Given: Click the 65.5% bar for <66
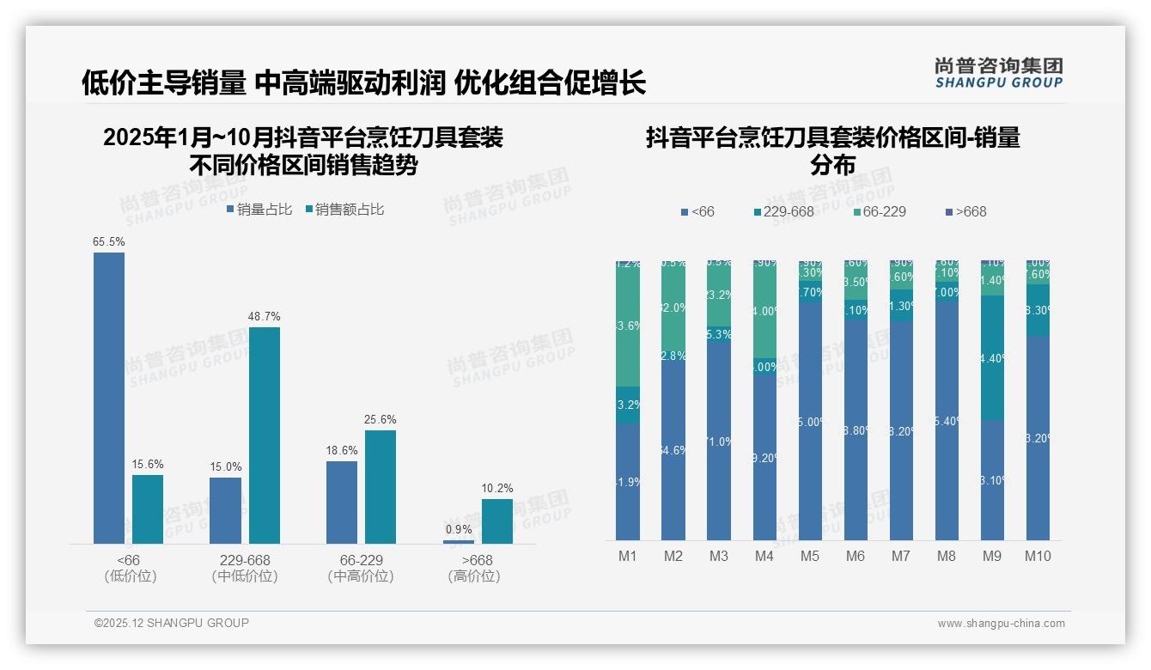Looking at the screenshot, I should pos(109,398).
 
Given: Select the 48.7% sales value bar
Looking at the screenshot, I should pos(264,435).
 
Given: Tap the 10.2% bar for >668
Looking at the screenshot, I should pos(496,521).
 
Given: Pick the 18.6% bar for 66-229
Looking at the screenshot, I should pos(342,502).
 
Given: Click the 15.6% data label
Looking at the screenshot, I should pos(148,465).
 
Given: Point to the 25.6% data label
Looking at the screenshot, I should pos(381,420).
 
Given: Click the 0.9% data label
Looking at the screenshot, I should pos(459,530).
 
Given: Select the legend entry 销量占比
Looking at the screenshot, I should pos(259,210).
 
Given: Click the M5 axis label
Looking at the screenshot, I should pos(810,557).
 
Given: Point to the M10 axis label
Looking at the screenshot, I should pos(1038,557).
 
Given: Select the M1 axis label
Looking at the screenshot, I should pos(628,557).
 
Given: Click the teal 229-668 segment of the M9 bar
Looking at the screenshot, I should pos(992,357).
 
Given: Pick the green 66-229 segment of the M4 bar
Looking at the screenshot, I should pos(764,311).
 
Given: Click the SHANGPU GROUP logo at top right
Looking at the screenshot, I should pos(998,73).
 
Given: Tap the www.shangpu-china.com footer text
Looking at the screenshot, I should pos(1001,624).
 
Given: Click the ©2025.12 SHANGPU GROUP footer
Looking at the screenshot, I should pos(171,624).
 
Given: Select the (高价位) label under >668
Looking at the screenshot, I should pos(474,576).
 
